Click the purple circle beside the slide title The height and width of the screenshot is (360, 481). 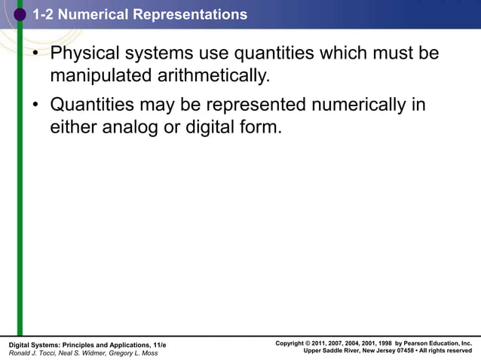20,14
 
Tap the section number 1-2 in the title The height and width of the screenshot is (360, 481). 44,14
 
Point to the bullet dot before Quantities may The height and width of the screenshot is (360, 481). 35,105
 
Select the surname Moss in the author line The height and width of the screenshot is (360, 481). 149,353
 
